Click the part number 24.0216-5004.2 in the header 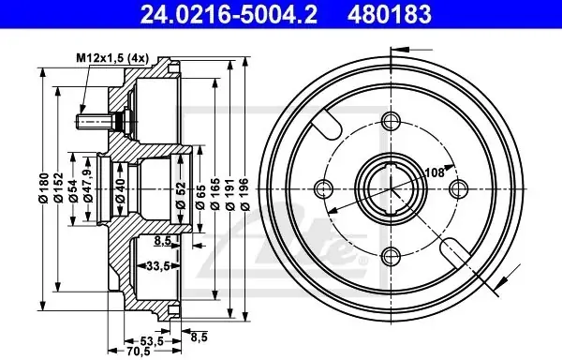[x=229, y=14]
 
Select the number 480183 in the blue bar [x=390, y=14]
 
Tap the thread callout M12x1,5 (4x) [x=112, y=58]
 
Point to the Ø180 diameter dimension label [x=44, y=188]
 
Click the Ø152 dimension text [x=58, y=188]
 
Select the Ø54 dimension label [x=73, y=190]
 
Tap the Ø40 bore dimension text [x=121, y=190]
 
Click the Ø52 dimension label [x=181, y=195]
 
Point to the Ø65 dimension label [x=200, y=197]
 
